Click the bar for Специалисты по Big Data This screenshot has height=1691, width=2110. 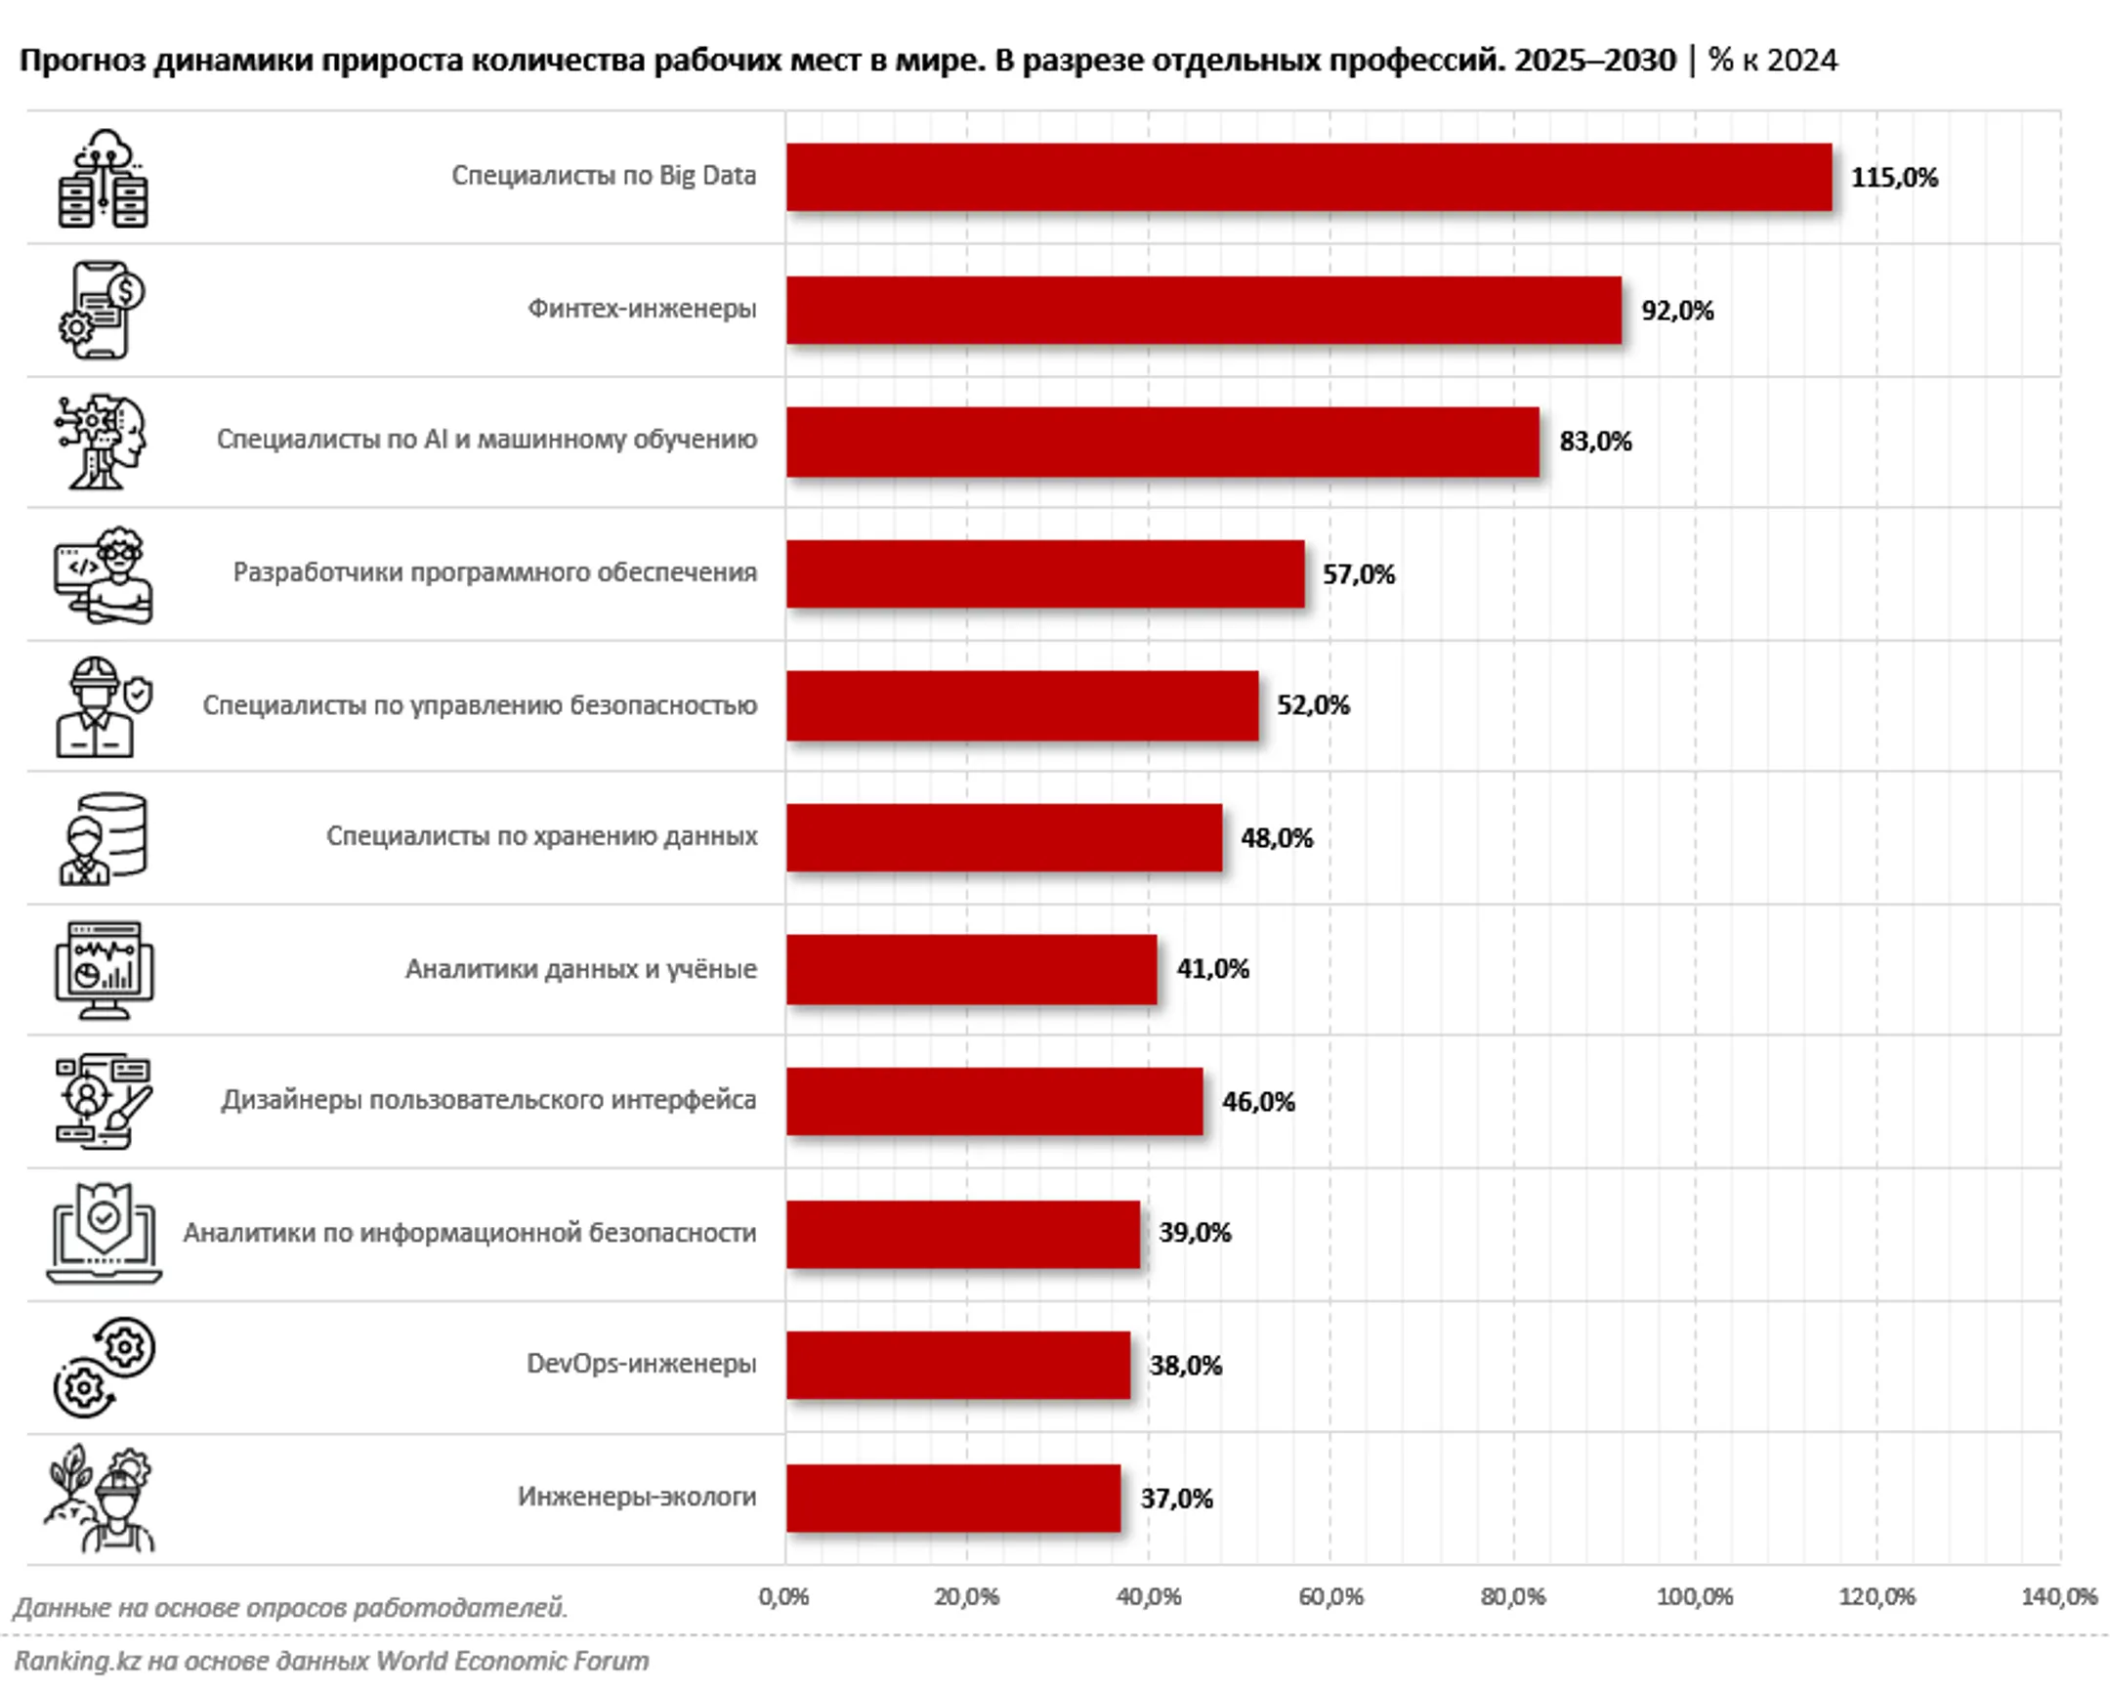[1308, 177]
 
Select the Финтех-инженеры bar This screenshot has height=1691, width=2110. [1203, 311]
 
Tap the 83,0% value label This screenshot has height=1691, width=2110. [1595, 442]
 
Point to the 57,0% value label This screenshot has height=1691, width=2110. [1359, 574]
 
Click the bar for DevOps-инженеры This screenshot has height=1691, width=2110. [958, 1365]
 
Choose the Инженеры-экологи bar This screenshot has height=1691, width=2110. [953, 1498]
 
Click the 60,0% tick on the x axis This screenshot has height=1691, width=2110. [1330, 1597]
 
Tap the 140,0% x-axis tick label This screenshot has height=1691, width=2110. [2059, 1597]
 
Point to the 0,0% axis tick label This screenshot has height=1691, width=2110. [783, 1597]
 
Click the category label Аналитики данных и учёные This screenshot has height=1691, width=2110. [580, 969]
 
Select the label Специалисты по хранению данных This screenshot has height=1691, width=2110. [541, 836]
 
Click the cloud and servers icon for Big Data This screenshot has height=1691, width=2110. [103, 178]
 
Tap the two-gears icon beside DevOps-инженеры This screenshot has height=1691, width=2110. [104, 1366]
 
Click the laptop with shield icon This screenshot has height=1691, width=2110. [104, 1233]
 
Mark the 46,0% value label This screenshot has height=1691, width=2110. [1257, 1102]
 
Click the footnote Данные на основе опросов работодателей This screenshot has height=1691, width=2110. [291, 1608]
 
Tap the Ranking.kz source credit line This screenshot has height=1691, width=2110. [331, 1661]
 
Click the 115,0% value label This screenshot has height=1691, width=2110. [1894, 178]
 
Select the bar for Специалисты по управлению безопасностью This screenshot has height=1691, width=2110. [1022, 705]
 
